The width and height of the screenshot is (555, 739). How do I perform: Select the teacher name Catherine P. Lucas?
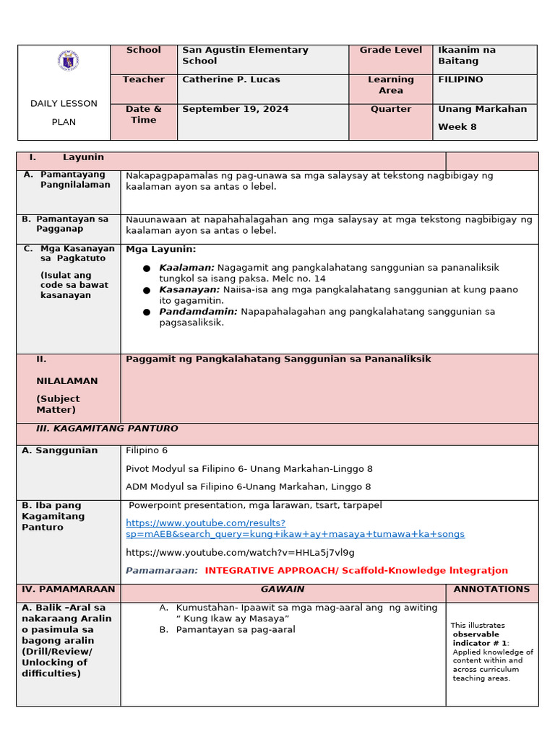coord(231,79)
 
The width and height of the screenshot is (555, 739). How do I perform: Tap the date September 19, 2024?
coord(235,109)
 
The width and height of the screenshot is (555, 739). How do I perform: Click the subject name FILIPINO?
coord(460,79)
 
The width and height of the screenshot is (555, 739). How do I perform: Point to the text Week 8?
coord(457,127)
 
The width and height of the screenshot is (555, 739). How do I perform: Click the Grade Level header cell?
coord(390,50)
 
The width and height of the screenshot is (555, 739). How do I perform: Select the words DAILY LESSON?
coord(64,103)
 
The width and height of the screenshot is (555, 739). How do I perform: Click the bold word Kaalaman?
coord(186,268)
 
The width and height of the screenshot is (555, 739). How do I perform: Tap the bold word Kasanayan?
coord(189,289)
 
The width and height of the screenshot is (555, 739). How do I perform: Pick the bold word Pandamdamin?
coord(198,312)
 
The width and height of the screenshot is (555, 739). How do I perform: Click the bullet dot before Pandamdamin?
coord(147,312)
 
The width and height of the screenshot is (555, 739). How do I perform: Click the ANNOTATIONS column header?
coord(491,589)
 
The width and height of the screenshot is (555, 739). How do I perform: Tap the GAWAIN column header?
coord(283,589)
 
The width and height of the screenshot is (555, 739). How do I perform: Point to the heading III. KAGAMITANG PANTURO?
coord(107,429)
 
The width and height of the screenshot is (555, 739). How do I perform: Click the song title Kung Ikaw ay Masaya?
coord(236,618)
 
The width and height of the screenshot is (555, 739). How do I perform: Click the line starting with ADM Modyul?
coord(248,487)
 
